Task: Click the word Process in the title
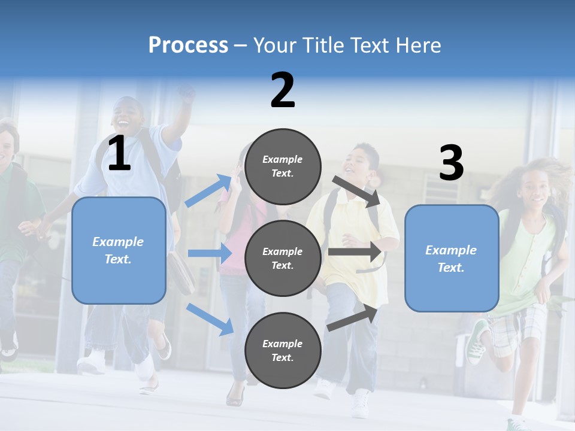[x=188, y=45]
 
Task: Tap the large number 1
[x=119, y=154]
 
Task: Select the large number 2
[x=283, y=90]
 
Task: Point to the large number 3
[x=451, y=163]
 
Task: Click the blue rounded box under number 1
[x=119, y=250]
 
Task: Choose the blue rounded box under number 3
[x=452, y=258]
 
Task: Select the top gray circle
[x=283, y=166]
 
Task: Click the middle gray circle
[x=283, y=258]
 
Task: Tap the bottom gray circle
[x=283, y=350]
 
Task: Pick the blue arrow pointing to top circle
[x=208, y=190]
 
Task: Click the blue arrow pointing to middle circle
[x=209, y=253]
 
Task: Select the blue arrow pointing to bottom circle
[x=210, y=319]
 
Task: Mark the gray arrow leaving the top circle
[x=356, y=191]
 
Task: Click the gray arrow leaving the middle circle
[x=355, y=251]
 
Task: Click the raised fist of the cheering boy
[x=187, y=93]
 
